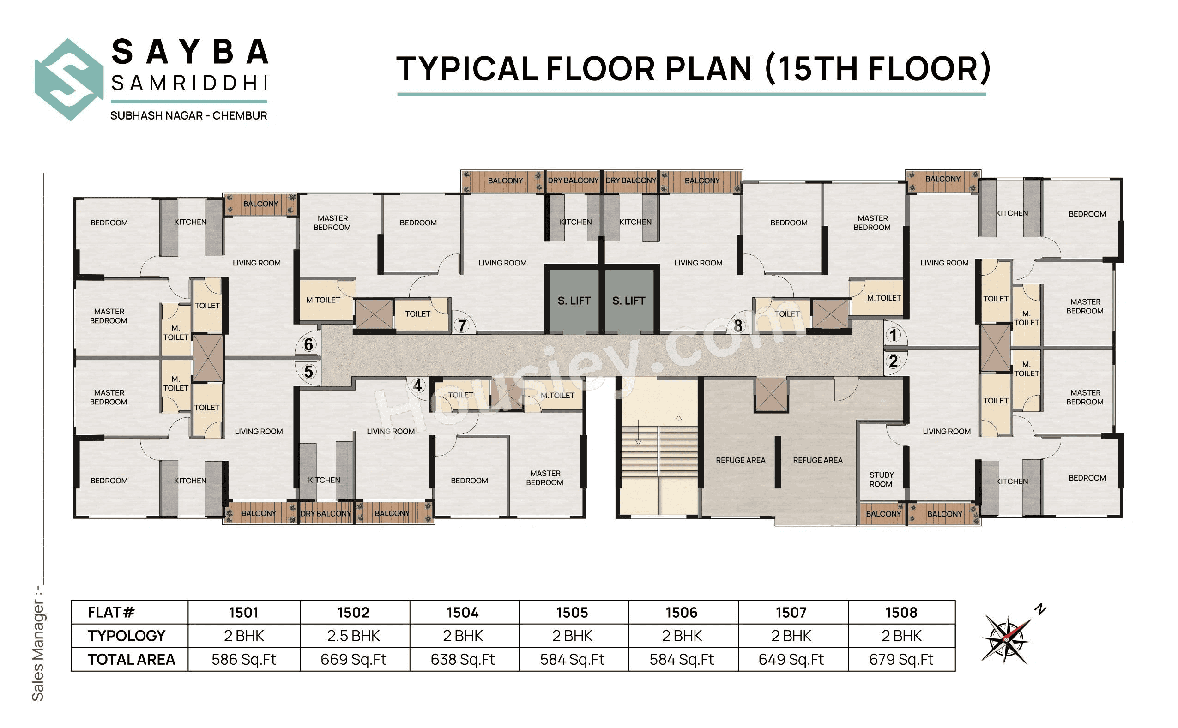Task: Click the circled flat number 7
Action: tap(462, 326)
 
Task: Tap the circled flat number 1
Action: tap(894, 335)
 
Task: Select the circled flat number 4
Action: tap(417, 385)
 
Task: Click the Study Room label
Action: tap(881, 480)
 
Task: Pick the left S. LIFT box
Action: tap(574, 301)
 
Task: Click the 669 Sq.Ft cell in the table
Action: tap(354, 659)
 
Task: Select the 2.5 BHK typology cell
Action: tap(354, 636)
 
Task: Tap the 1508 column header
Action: tap(901, 613)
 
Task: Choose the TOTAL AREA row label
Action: tap(131, 659)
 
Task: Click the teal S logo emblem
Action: tap(69, 79)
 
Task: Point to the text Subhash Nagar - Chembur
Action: tap(188, 115)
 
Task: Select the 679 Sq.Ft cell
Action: tap(901, 659)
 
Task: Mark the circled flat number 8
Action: tap(737, 326)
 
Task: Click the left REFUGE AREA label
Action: tap(740, 460)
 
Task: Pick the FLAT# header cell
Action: tap(111, 613)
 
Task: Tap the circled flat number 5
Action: tap(308, 372)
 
